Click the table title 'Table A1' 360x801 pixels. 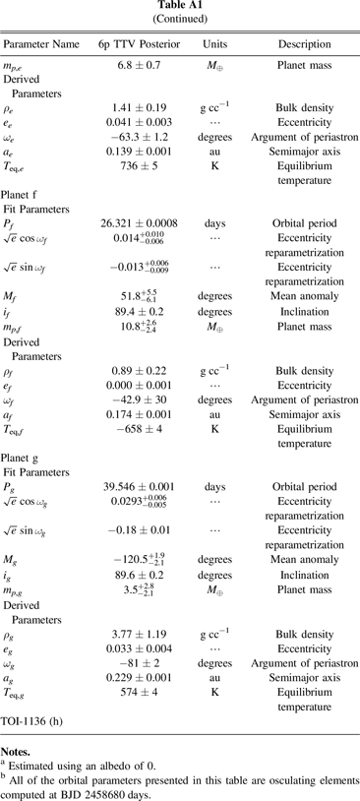180,7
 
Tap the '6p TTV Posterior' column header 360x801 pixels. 141,44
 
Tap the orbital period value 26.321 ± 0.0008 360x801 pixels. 140,251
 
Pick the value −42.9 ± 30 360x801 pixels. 140,445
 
